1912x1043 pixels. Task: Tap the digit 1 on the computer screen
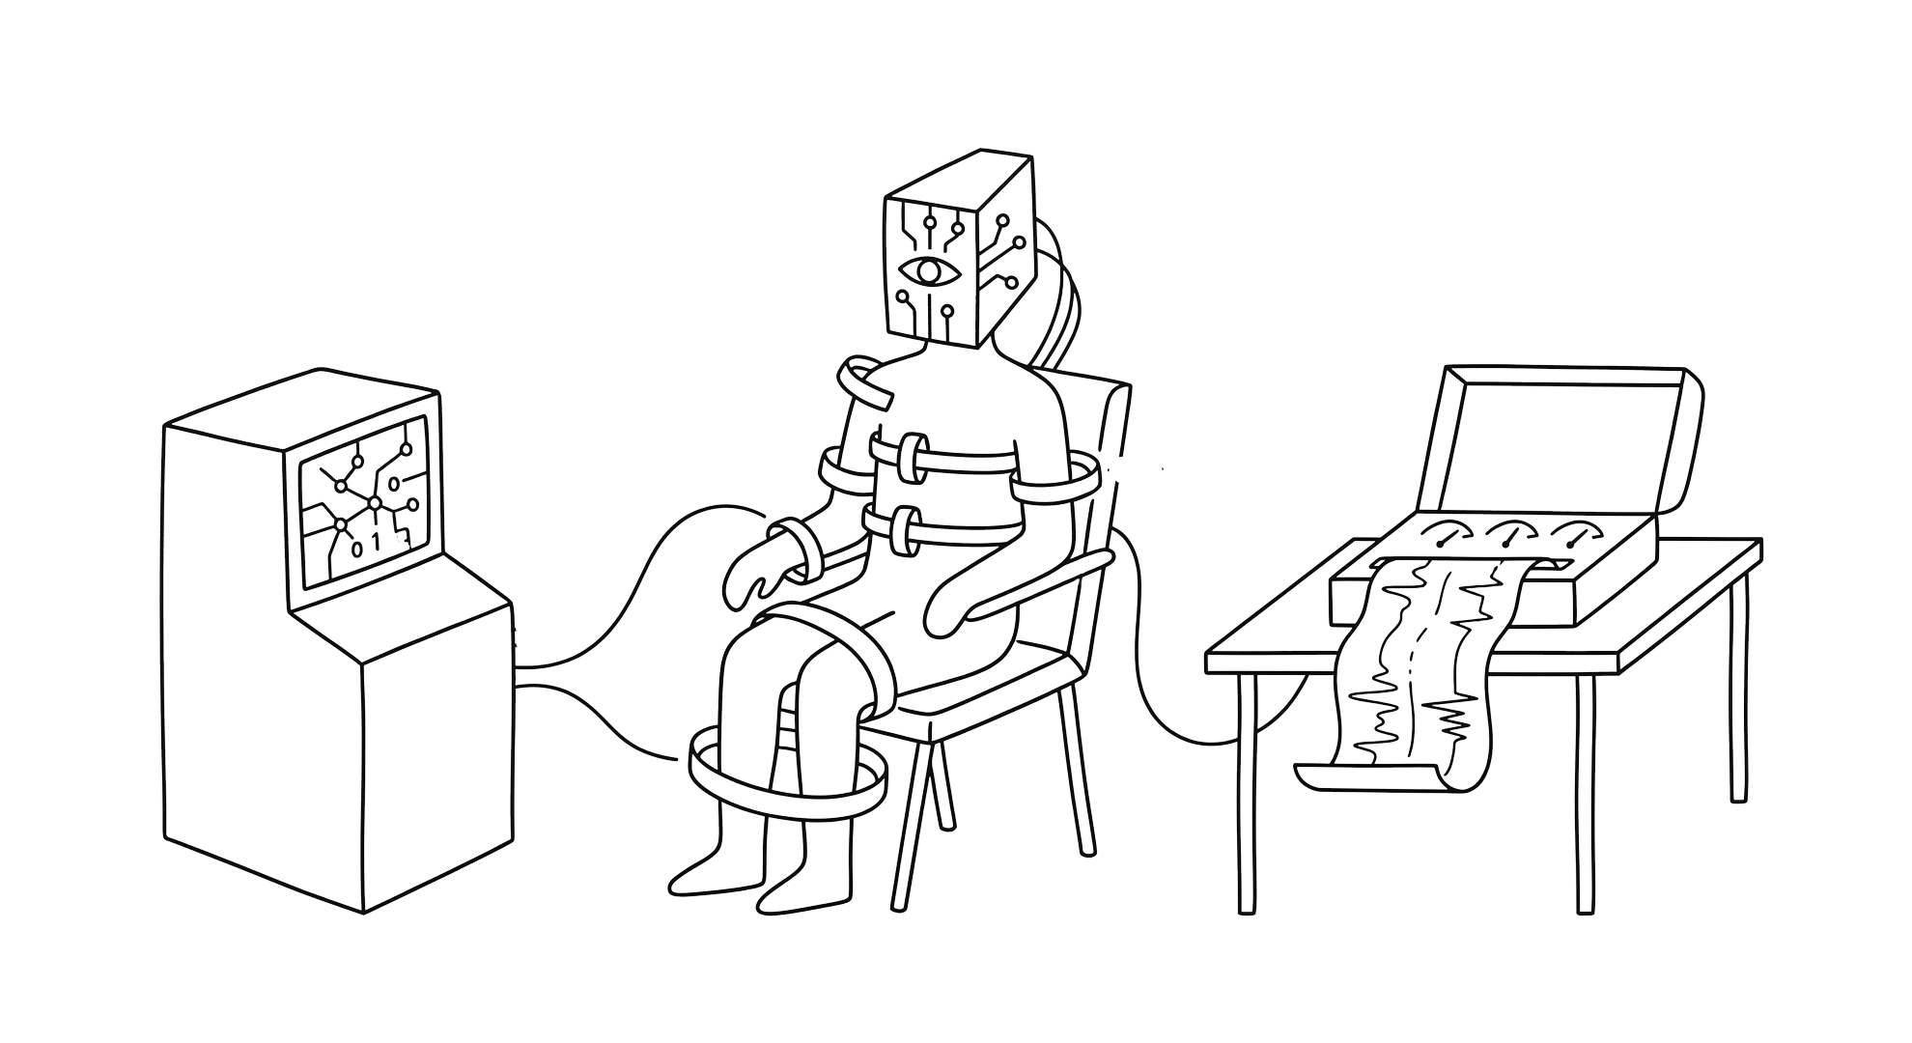tap(378, 544)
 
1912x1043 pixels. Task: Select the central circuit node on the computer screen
tap(375, 503)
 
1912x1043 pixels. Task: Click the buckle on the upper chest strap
tap(912, 460)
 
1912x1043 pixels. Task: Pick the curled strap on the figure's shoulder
tap(865, 383)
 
